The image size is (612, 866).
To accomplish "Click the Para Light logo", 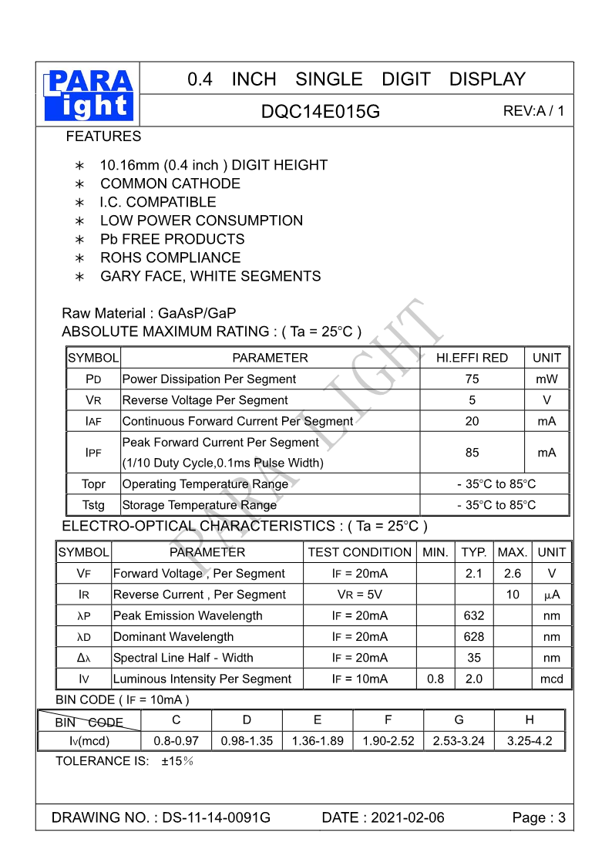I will coord(89,95).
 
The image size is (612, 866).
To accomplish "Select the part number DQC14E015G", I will coord(321,112).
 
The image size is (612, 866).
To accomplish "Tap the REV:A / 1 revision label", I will coord(533,111).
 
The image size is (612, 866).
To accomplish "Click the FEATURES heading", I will coord(103,136).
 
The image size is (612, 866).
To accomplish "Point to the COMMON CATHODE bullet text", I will coord(170,184).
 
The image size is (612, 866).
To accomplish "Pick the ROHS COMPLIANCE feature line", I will coord(170,258).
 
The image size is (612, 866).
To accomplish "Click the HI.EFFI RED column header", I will coord(472,358).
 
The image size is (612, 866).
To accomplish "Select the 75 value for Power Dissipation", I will coord(472,379).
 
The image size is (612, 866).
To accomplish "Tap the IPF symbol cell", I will coord(93,453).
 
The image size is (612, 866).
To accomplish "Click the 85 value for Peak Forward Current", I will coord(472,453).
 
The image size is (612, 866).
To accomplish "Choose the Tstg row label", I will coord(93,505).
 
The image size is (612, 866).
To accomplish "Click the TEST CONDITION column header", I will coord(359,552).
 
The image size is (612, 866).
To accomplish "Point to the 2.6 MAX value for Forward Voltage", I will coord(512,574).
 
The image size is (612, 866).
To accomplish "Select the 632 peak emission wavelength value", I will coord(474,616).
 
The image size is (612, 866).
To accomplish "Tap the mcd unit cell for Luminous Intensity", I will coord(551,679).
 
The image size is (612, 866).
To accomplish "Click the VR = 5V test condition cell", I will coord(359,595).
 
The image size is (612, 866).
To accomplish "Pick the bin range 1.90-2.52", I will coord(388,741).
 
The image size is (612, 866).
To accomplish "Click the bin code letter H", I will coord(529,720).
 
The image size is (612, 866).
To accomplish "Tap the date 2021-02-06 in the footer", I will coord(407,818).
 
